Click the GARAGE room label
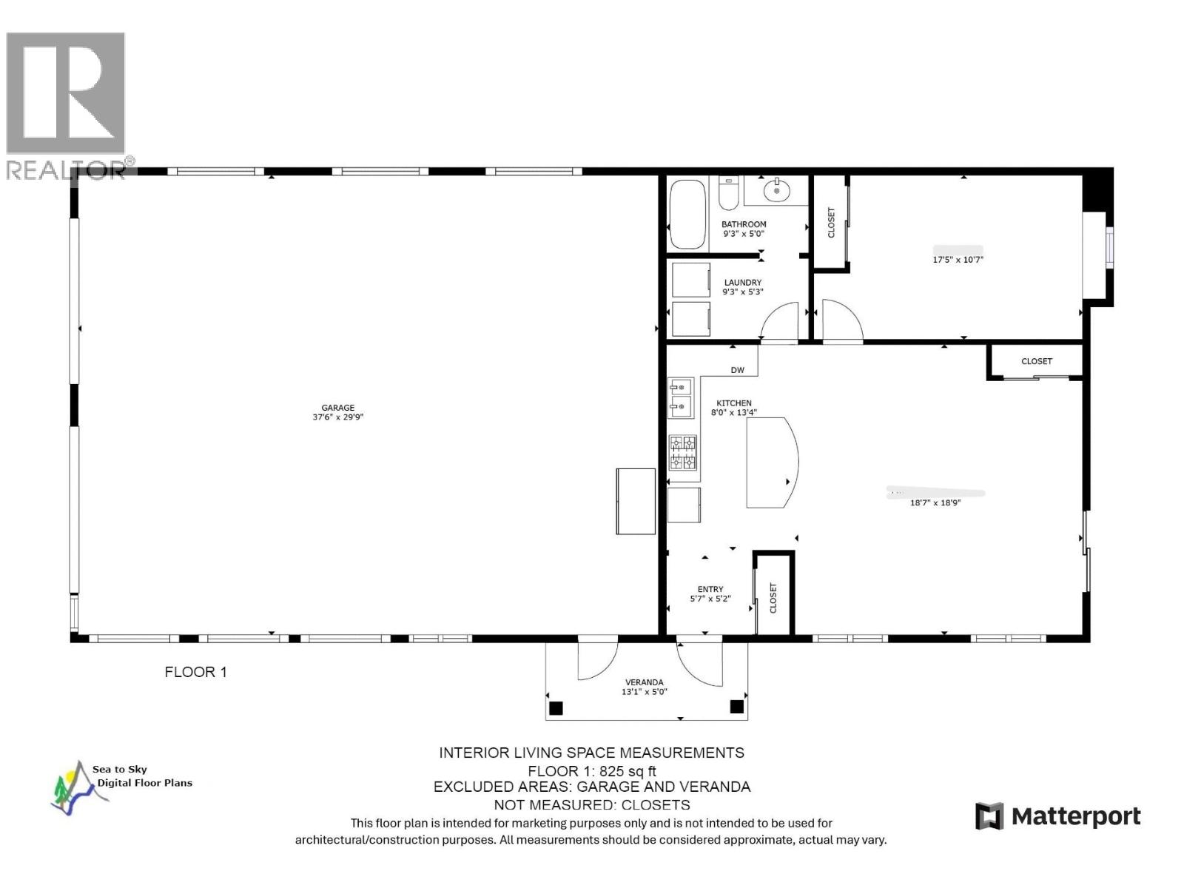pos(337,408)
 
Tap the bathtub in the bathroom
pos(687,215)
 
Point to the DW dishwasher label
pos(737,370)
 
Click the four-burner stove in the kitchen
pos(683,453)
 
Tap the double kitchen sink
pos(680,397)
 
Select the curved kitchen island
pos(770,462)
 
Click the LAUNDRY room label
pos(742,283)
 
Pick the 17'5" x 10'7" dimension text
pos(958,260)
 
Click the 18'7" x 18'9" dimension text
pos(935,503)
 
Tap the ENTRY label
pos(710,589)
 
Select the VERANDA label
pos(644,682)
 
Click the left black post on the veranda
pos(556,708)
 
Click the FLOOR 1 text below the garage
pos(195,672)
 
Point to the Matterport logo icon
pos(989,816)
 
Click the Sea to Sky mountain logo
pos(74,789)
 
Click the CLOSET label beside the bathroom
pos(830,222)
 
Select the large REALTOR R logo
pos(65,94)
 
